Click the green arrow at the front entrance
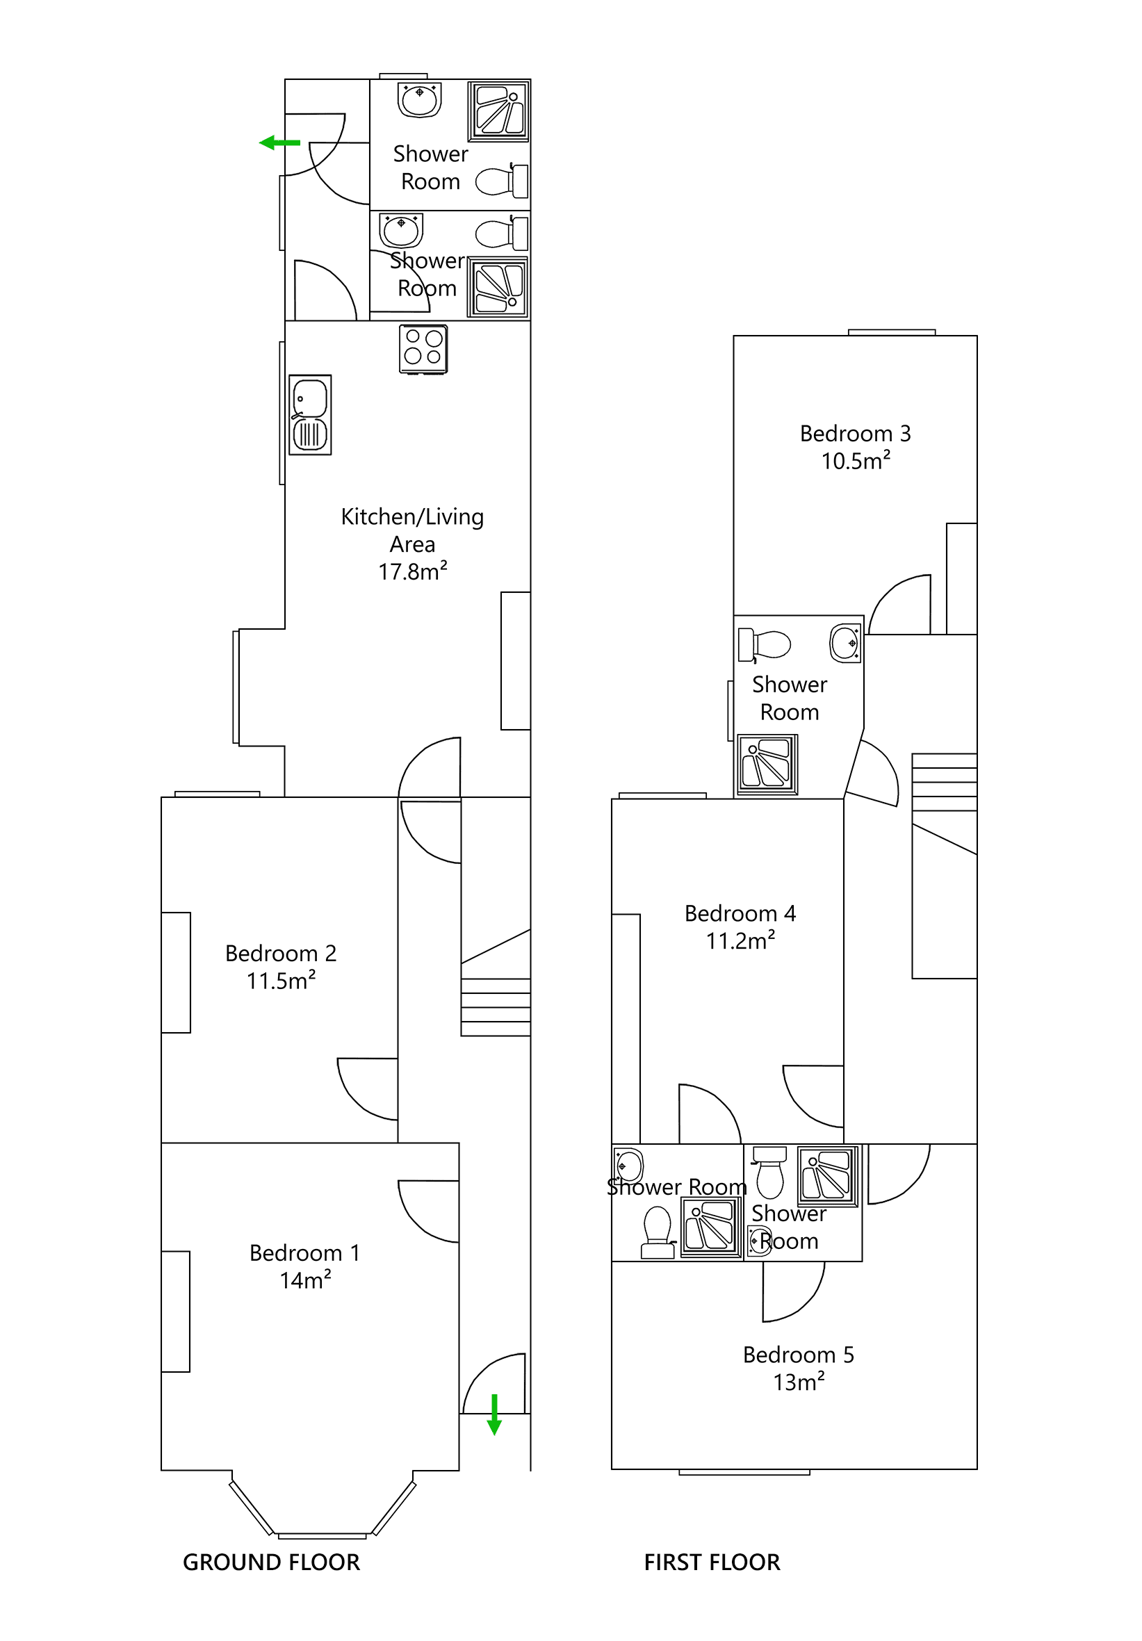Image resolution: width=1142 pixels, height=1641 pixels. (x=493, y=1414)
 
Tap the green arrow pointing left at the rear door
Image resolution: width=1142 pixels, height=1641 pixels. (x=279, y=143)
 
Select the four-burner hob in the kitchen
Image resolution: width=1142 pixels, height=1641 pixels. (x=423, y=349)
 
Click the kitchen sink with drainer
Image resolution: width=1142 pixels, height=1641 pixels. (x=309, y=414)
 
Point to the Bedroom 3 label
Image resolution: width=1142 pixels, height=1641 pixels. (x=855, y=433)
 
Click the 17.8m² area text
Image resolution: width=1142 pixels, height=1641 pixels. (x=412, y=572)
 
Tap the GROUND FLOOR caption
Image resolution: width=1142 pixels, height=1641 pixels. (x=271, y=1562)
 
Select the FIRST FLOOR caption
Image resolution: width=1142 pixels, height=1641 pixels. (x=712, y=1562)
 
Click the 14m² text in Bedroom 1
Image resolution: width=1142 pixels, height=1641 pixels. (x=305, y=1280)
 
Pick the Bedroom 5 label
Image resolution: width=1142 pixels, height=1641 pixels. (x=798, y=1355)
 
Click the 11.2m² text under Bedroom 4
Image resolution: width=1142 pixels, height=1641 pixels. (x=740, y=940)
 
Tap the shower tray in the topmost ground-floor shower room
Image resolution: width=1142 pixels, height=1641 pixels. (x=498, y=111)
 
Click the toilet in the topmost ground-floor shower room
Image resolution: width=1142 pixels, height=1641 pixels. (x=503, y=181)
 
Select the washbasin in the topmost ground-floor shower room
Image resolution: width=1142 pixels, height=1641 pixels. (x=420, y=99)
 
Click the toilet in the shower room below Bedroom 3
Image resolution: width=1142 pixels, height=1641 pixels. (x=765, y=645)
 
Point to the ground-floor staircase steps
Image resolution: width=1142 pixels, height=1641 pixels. (x=496, y=1006)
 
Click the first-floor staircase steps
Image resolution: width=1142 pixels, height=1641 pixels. (x=943, y=782)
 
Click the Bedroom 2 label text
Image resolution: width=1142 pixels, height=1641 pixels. (x=280, y=953)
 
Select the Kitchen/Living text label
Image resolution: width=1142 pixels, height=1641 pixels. (x=412, y=516)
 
